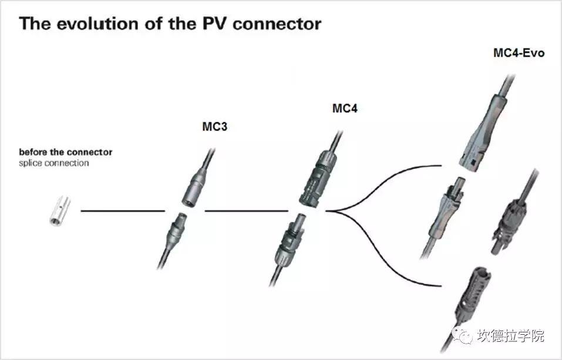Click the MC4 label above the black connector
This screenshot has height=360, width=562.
click(345, 109)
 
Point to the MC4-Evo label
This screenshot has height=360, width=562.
click(519, 53)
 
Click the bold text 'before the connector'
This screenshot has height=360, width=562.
click(65, 152)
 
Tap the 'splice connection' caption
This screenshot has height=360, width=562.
click(53, 163)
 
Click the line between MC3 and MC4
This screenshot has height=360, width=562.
click(247, 210)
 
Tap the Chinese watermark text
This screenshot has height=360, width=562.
click(511, 335)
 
